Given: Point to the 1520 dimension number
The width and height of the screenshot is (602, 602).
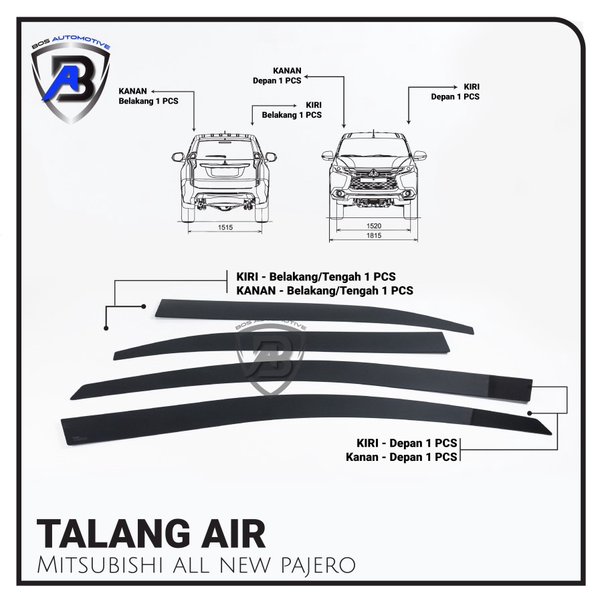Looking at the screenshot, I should pyautogui.click(x=375, y=227).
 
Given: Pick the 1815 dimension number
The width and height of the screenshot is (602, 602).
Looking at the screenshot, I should pyautogui.click(x=375, y=237).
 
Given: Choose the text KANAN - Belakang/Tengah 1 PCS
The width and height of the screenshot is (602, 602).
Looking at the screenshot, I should pyautogui.click(x=324, y=290).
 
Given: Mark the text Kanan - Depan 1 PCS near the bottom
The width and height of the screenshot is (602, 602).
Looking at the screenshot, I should pyautogui.click(x=401, y=458).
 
